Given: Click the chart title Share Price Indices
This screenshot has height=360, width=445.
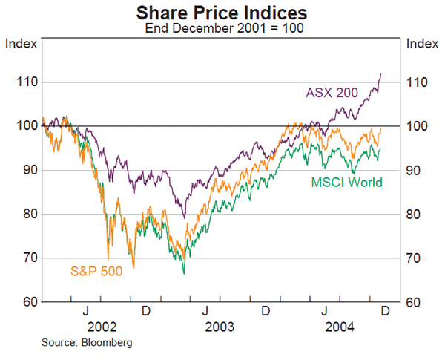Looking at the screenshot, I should pos(222,13).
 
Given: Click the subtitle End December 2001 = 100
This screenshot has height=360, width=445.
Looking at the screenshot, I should pos(222,29).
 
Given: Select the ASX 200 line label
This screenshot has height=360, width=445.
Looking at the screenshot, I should pos(332,93).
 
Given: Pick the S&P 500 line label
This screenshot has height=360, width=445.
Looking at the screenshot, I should pos(96,271).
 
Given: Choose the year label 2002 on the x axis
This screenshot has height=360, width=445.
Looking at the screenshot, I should pos(102,327).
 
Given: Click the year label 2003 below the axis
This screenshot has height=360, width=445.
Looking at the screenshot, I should pos(220,327).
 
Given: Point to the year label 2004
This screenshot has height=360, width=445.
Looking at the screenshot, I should pos(340,327).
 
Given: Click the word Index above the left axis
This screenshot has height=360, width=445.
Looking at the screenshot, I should pos(20,42).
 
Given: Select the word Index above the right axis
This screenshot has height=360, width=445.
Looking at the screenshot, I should pos(422,42).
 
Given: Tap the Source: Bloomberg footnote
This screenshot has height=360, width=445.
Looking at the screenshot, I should pos(77,343).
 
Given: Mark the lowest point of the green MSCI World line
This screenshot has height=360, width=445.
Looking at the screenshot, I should pos(183,273).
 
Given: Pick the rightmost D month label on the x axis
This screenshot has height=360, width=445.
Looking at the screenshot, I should pos(384,310).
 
